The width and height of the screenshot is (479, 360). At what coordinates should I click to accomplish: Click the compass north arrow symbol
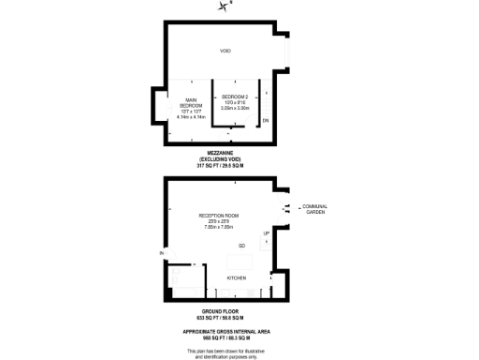pyautogui.click(x=224, y=7)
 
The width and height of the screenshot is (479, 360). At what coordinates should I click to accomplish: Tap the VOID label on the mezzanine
pyautogui.click(x=225, y=51)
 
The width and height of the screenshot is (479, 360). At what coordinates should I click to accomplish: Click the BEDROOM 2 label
pyautogui.click(x=233, y=97)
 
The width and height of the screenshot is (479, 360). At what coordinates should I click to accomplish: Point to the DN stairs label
pyautogui.click(x=265, y=121)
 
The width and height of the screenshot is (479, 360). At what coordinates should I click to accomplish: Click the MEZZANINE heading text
pyautogui.click(x=225, y=153)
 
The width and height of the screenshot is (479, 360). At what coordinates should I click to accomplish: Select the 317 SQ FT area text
pyautogui.click(x=225, y=166)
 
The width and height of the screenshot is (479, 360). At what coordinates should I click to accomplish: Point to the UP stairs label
pyautogui.click(x=266, y=233)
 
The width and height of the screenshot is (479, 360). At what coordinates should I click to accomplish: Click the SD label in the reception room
pyautogui.click(x=240, y=246)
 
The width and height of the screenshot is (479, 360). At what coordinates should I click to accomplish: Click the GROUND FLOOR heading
pyautogui.click(x=225, y=310)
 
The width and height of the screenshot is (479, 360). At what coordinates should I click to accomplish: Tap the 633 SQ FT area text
pyautogui.click(x=225, y=317)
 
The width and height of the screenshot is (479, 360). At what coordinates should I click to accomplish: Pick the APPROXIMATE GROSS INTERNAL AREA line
pyautogui.click(x=225, y=332)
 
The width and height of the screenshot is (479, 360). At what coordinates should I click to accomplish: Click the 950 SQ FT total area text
pyautogui.click(x=225, y=338)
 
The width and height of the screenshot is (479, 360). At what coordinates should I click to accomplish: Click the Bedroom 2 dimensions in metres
pyautogui.click(x=233, y=109)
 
